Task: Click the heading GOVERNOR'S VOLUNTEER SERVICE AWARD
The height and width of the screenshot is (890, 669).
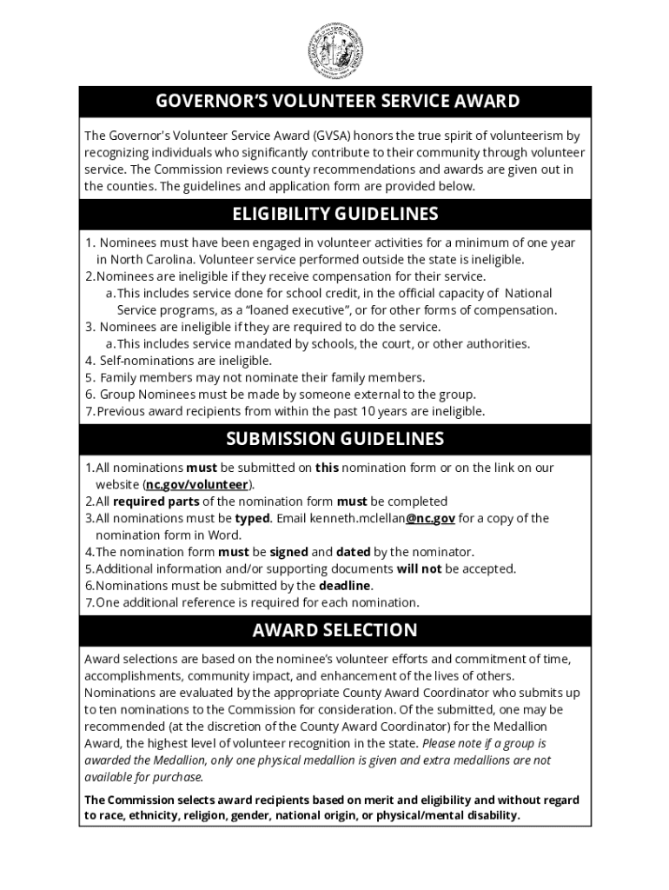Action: [337, 102]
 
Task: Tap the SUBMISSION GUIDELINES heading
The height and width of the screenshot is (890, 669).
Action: [335, 439]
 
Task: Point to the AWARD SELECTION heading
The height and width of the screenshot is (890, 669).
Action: [334, 630]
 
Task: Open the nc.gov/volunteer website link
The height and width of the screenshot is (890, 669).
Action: [196, 485]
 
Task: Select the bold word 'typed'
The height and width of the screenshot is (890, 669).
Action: [252, 519]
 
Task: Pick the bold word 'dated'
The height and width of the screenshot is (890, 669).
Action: [353, 552]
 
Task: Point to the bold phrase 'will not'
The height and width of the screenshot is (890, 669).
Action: [419, 569]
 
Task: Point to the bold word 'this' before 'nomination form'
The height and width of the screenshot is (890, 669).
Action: [327, 468]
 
